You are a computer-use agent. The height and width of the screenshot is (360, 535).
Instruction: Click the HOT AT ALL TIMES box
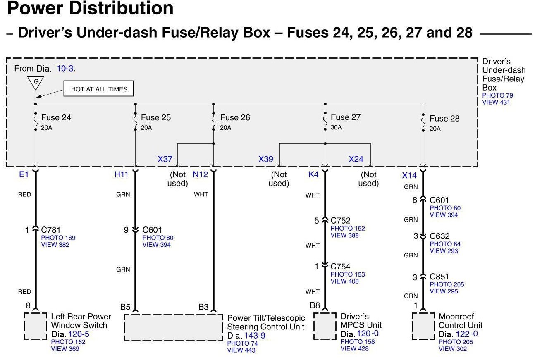pos(99,89)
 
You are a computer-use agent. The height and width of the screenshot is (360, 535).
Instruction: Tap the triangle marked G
pos(36,82)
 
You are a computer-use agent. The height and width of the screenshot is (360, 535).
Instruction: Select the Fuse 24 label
pos(56,118)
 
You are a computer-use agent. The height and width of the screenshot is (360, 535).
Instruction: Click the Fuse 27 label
pos(346,117)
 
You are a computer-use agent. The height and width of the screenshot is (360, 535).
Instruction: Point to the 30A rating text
pos(336,127)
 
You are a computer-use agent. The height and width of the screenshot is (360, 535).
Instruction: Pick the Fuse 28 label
pos(444,119)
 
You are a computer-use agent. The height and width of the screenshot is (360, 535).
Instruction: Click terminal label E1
pos(24,174)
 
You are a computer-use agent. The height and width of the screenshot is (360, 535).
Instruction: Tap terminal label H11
pos(121,174)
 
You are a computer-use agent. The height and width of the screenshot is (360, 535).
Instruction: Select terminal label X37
pos(165,159)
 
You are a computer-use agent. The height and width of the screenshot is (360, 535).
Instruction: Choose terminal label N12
pos(201,174)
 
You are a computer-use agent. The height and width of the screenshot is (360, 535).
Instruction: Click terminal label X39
pos(266,159)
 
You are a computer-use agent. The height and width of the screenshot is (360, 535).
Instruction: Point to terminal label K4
pos(313,174)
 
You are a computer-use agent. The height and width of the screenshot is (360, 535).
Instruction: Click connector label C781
pos(50,230)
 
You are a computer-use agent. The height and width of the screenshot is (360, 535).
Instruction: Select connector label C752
pos(340,221)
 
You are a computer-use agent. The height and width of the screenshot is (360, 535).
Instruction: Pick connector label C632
pos(439,236)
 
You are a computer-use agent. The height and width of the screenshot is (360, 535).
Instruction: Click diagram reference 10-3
pos(65,69)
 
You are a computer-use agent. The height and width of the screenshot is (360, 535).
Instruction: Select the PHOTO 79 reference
pos(497,95)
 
